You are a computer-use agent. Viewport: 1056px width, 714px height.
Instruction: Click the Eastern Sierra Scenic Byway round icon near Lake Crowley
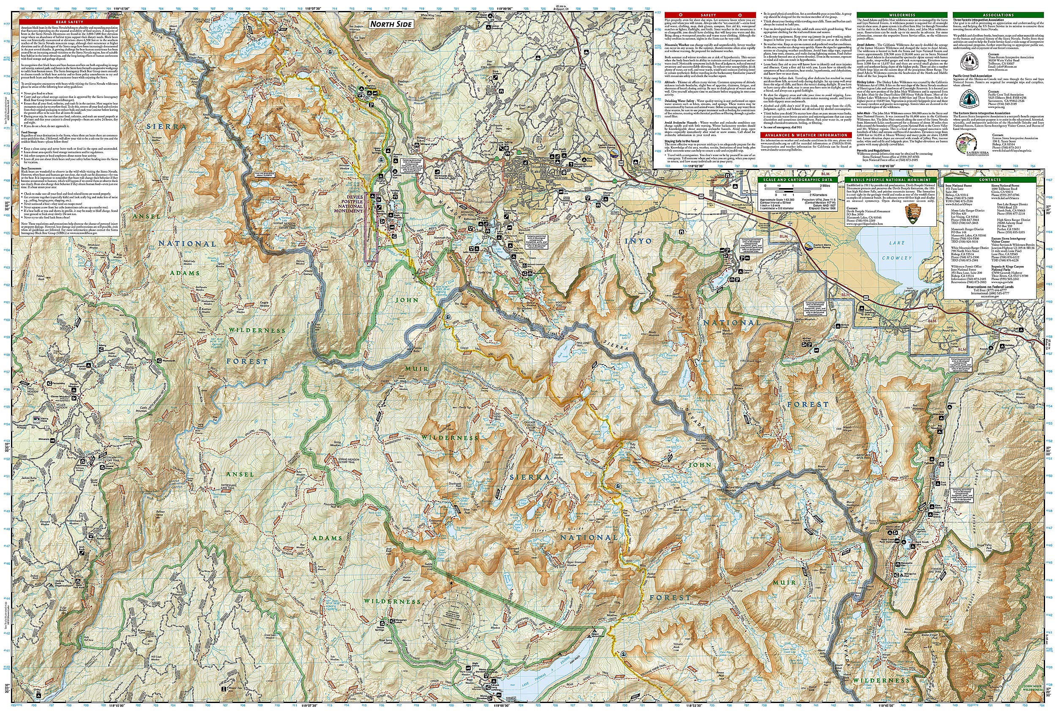pos(809,247)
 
